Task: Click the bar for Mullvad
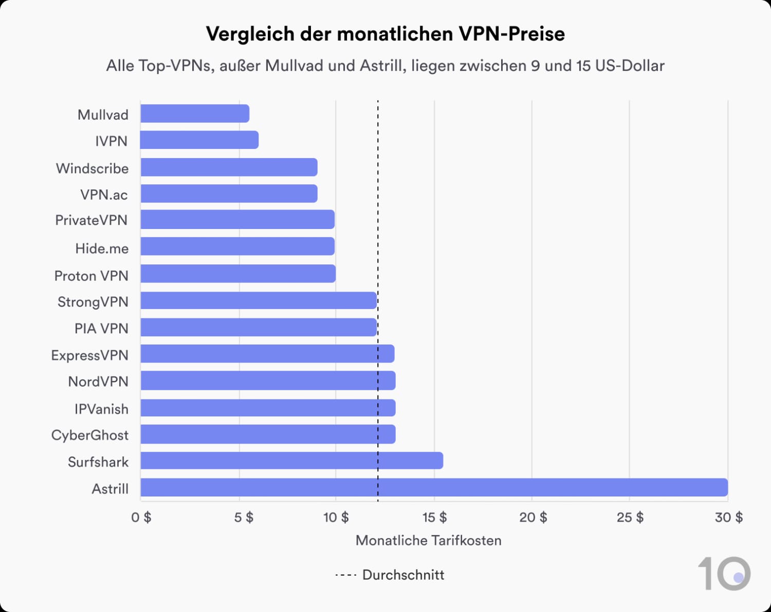pos(195,113)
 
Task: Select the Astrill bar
pos(434,487)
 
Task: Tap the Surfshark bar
pos(291,461)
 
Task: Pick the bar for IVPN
pos(199,140)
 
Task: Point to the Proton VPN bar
pos(238,274)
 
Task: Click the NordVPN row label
pos(98,381)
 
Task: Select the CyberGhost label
pos(90,435)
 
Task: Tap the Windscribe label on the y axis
pos(93,168)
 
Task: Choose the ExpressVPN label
pos(90,355)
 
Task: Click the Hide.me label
pos(102,248)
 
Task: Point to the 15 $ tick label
pos(434,517)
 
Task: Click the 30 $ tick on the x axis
pos(728,517)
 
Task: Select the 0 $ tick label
pos(141,517)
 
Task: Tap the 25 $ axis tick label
pos(630,517)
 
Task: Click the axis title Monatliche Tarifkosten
pos(428,540)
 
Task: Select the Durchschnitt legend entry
pos(391,575)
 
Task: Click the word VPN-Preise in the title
pos(511,34)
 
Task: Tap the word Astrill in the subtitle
pos(381,66)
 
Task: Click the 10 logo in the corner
pos(724,573)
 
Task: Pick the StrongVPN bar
pos(259,300)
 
